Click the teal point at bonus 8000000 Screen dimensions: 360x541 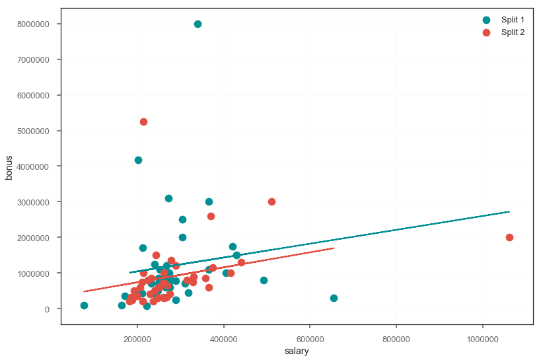tap(198, 24)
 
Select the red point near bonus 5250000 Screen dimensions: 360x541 tap(143, 122)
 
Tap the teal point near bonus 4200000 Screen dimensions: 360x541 tap(138, 160)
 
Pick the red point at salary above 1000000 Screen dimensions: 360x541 tap(509, 237)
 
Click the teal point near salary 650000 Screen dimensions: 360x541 tap(334, 298)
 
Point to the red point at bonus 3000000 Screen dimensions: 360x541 tap(271, 201)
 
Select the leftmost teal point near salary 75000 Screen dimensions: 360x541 tap(84, 305)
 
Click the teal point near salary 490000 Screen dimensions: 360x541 tap(264, 280)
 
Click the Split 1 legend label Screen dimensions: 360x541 tap(513, 20)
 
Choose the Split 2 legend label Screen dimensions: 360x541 tap(513, 32)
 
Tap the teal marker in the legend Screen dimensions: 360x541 tap(487, 20)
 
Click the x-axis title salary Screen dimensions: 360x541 tap(297, 351)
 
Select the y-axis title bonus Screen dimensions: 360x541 tap(10, 166)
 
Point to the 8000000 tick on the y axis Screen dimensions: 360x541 tap(37, 24)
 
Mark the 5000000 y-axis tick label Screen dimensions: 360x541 tap(37, 131)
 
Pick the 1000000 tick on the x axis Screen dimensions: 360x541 tap(483, 337)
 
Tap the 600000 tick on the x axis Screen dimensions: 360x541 tap(310, 337)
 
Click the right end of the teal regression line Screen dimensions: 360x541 tap(509, 211)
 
